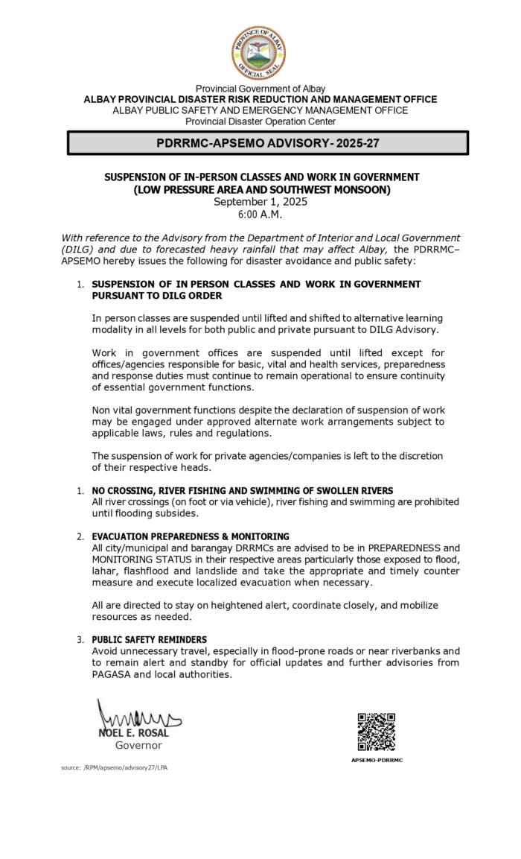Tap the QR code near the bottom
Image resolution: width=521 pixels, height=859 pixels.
coord(376,732)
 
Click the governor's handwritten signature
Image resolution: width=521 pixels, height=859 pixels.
coord(138,718)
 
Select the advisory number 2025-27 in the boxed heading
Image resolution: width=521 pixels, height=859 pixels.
coord(342,142)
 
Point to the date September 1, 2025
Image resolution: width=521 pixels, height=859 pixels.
coord(260,202)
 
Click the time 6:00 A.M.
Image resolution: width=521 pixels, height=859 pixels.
coord(260,214)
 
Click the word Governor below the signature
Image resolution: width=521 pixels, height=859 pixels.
coord(138,745)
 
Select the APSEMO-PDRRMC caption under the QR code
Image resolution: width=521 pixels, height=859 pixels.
coord(377,761)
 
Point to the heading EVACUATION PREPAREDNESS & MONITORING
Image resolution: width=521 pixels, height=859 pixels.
coord(191,536)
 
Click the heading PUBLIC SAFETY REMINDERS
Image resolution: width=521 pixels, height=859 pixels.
coord(150,639)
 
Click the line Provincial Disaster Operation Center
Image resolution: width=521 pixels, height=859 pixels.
coord(260,121)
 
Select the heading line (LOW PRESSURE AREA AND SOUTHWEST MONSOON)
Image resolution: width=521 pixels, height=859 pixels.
coord(260,190)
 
